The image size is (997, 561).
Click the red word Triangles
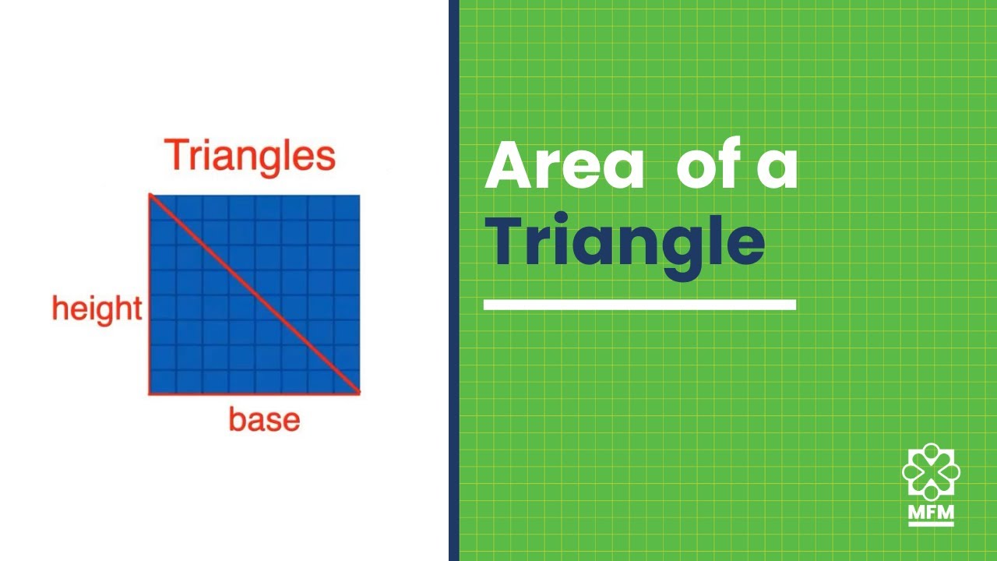coord(250,157)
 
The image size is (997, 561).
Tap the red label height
coord(97,309)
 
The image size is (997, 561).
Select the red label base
coord(264,419)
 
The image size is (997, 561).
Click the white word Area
coord(565,164)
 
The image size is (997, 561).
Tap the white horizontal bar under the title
coord(639,305)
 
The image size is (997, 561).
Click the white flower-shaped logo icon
coord(931,471)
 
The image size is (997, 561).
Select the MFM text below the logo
coord(931,513)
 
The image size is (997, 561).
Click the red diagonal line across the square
coord(255,294)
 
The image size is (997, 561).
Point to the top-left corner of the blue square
coord(150,195)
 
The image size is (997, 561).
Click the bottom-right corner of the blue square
coord(360,393)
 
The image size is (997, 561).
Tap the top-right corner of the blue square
coord(360,195)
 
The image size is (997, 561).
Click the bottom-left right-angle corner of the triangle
coord(150,393)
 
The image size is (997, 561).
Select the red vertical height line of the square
coord(150,294)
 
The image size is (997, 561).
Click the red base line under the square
coord(255,393)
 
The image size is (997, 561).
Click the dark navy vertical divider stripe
coord(454,280)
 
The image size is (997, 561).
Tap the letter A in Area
coord(508,164)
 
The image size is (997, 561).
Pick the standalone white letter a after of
coord(777,168)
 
